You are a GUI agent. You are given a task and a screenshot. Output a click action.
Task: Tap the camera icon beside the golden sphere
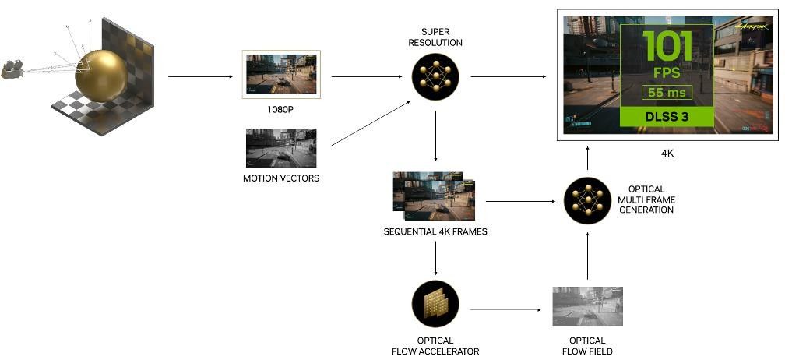click(12, 69)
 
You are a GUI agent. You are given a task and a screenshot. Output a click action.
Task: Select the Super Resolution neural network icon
click(435, 76)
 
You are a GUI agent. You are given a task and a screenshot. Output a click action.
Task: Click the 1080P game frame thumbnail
click(281, 75)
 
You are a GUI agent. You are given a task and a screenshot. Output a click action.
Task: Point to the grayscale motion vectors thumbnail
click(281, 148)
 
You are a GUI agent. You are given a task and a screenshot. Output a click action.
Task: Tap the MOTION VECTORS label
click(281, 179)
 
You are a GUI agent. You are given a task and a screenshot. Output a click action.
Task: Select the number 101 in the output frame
click(666, 47)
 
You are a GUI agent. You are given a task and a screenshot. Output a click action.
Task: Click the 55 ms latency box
click(666, 93)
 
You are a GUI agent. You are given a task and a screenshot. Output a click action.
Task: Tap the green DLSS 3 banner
click(666, 117)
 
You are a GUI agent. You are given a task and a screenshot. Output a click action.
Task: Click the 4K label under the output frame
click(667, 154)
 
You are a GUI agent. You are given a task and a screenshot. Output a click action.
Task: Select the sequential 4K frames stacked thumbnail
click(434, 195)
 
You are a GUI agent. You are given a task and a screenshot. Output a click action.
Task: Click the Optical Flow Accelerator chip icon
click(435, 305)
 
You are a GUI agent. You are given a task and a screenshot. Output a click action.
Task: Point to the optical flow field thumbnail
click(587, 306)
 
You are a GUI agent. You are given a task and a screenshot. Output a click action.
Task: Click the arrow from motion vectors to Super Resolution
click(371, 125)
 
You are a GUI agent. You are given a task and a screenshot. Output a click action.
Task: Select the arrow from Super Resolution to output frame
click(508, 76)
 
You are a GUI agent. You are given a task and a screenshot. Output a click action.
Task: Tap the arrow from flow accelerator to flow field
click(506, 309)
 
